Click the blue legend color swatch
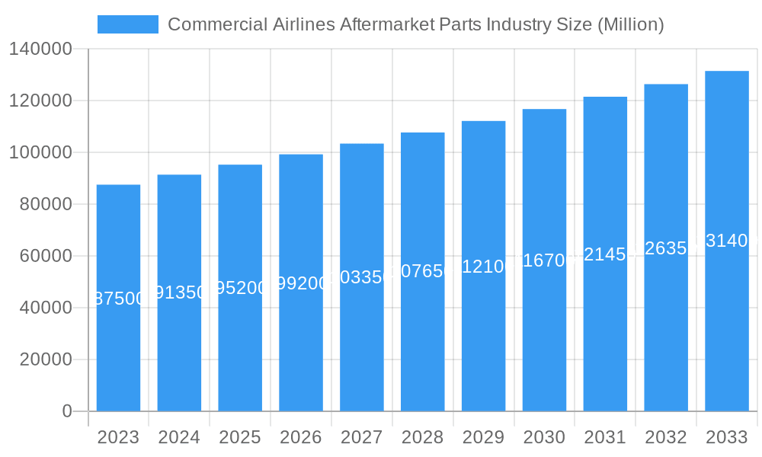click(128, 24)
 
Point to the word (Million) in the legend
click(630, 24)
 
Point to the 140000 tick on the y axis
click(40, 49)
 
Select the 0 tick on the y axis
click(66, 411)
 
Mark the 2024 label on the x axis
click(179, 437)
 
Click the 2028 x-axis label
click(422, 437)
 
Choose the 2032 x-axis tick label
click(666, 437)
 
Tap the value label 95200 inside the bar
click(240, 288)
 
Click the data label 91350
click(179, 292)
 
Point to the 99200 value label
click(301, 283)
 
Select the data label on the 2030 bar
click(544, 260)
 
